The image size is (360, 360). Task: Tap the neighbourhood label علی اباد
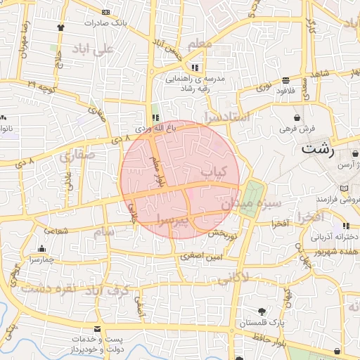click(92, 49)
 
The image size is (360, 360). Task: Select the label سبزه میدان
click(252, 204)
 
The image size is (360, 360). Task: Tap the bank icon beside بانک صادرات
click(106, 13)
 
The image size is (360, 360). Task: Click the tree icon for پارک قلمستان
click(262, 311)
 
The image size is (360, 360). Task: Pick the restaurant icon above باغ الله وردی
click(155, 117)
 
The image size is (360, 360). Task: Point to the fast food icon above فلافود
click(284, 80)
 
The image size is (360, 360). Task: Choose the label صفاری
click(76, 156)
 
